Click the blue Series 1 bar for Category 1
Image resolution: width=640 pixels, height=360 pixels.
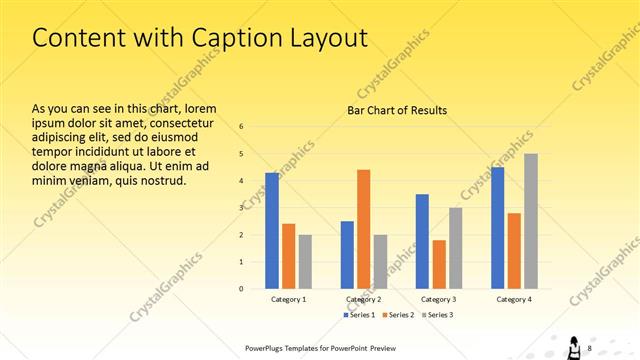[272, 230]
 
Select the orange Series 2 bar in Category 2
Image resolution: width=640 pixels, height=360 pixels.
[363, 229]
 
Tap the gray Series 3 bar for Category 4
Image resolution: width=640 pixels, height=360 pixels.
[531, 221]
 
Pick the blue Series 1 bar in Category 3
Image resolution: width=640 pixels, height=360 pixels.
[422, 241]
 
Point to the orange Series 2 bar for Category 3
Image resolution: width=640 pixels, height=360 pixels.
[439, 264]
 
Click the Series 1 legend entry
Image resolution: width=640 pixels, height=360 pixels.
[361, 315]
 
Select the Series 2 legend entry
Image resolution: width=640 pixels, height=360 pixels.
[399, 315]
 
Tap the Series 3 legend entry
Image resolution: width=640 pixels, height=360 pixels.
[437, 315]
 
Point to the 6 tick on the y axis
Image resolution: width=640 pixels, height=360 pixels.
[241, 127]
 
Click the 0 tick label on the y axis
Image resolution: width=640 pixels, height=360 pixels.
[241, 288]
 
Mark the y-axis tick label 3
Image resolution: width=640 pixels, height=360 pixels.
[241, 208]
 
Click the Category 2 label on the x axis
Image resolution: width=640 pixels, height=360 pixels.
[364, 299]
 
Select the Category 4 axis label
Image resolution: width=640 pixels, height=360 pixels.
[515, 299]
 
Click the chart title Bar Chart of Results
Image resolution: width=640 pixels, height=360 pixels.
[397, 110]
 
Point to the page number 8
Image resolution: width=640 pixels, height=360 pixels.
[590, 347]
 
